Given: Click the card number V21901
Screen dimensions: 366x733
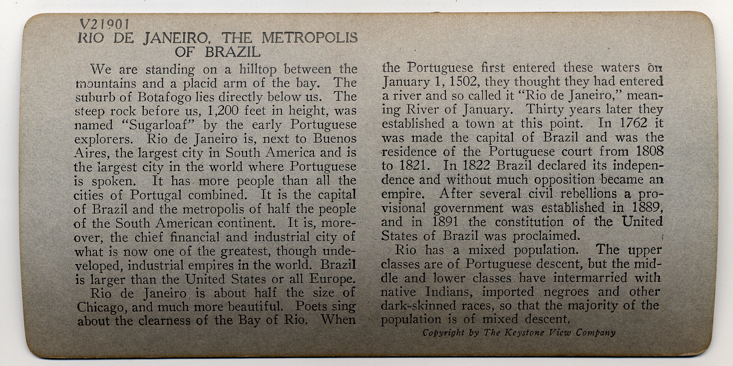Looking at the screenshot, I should [104, 23].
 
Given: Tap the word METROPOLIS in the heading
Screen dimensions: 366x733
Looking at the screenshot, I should [310, 38].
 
